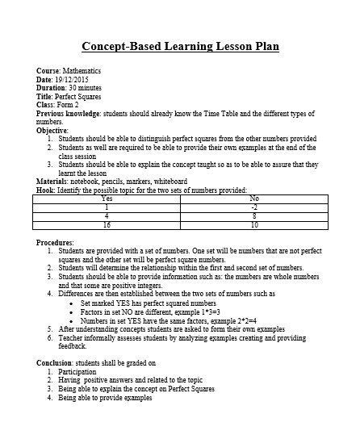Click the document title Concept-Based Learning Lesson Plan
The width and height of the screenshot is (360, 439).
tap(181, 47)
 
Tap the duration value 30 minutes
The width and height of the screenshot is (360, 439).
tap(85, 88)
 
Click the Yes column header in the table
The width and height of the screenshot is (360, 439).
tap(107, 198)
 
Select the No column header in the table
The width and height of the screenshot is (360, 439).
tap(255, 198)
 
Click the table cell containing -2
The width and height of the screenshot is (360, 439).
tap(255, 207)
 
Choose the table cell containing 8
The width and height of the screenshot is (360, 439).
tap(255, 215)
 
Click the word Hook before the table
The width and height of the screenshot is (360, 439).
tap(45, 190)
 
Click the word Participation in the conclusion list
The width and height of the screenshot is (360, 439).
tap(77, 372)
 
